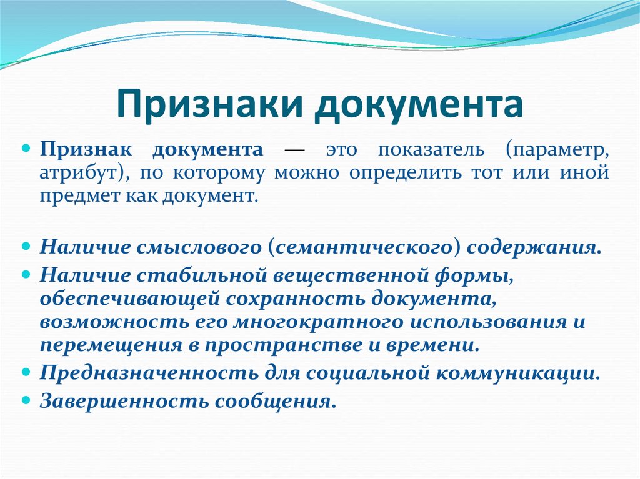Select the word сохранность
coord(296,298)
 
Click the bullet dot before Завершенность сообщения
coord(27,398)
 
